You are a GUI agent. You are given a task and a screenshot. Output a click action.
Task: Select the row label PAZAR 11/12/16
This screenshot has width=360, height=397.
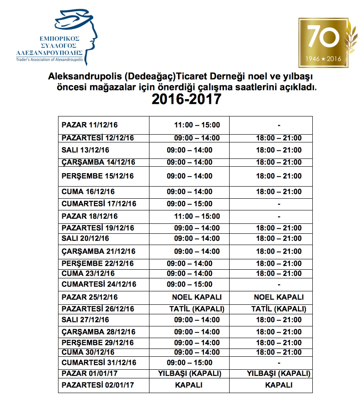point(90,125)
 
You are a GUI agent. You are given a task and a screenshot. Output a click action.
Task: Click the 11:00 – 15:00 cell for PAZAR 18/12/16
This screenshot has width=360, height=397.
point(197,216)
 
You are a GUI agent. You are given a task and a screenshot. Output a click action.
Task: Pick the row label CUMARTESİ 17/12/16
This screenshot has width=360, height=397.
point(99,204)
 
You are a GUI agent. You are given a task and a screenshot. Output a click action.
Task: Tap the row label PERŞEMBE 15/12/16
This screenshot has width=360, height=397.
point(97,176)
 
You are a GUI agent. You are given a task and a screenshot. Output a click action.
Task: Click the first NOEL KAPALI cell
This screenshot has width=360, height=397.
point(197,297)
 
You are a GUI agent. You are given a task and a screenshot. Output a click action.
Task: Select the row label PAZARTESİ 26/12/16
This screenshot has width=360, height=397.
point(98,309)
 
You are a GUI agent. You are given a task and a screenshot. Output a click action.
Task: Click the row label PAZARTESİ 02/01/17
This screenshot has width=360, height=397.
point(98,385)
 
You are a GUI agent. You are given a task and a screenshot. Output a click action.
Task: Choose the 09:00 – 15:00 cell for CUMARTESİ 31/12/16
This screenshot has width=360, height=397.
point(190,362)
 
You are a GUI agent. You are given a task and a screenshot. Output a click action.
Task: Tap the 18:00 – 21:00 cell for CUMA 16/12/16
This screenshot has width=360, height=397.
point(279,192)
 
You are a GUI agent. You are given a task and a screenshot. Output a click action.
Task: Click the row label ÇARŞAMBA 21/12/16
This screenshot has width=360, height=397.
point(98,252)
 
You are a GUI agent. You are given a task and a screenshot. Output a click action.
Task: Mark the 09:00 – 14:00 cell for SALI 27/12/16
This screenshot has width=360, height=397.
point(197,320)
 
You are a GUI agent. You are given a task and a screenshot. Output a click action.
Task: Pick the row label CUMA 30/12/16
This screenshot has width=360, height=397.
point(88,352)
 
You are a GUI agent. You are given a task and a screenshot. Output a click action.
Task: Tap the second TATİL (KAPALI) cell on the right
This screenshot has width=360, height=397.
point(279,309)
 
